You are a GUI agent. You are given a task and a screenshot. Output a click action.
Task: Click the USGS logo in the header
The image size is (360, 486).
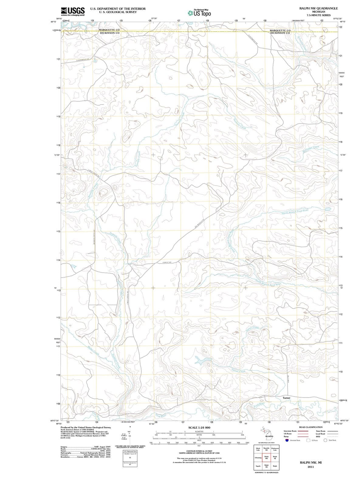pos(73,12)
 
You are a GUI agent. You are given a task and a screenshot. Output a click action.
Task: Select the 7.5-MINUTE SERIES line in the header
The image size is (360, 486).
pos(318,15)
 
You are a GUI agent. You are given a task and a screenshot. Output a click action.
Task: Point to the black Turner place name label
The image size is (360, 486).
pos(286,398)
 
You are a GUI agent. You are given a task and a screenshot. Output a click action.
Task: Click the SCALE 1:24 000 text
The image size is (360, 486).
pos(199,427)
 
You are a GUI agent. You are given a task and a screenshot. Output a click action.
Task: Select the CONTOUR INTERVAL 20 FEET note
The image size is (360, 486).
pos(199,451)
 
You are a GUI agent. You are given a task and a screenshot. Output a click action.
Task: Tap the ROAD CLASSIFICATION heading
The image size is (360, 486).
pos(311,427)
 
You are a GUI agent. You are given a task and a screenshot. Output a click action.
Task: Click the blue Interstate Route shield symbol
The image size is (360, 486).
pos(286,440)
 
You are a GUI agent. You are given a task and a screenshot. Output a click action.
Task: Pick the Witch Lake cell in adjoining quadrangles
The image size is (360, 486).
pos(258,449)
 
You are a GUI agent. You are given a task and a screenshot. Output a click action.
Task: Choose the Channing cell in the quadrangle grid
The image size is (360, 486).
pos(258,457)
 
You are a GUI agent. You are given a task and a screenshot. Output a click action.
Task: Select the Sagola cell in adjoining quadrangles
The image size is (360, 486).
pos(258,466)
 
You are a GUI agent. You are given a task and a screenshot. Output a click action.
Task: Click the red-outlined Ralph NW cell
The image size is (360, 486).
pos(266,457)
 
